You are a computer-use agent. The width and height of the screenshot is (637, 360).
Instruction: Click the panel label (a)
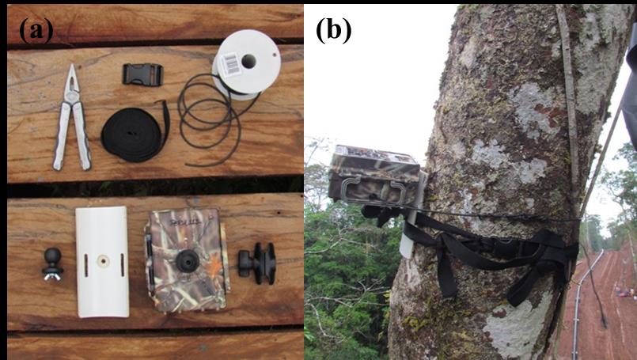pos(36,29)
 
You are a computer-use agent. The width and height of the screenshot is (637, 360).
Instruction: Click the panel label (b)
pos(333,29)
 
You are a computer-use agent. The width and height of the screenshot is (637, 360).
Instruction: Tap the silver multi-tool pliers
pos(71,118)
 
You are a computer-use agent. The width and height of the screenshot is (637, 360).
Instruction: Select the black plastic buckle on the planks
pos(142,74)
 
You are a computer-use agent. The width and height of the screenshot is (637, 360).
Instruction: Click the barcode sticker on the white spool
pos(230,64)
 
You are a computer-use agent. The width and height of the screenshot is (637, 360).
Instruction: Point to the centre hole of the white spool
pos(248,62)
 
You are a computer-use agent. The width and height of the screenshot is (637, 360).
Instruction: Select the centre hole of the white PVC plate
pos(103,261)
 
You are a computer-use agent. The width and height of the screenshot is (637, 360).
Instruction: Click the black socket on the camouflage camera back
pos(187,260)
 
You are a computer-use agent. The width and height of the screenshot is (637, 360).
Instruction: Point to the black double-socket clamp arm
pos(257,263)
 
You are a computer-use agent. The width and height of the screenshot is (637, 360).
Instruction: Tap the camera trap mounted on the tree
pos(374,175)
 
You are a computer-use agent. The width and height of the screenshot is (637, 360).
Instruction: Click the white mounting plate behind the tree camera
pos(413,215)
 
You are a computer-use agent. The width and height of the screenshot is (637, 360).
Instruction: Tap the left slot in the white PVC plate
pos(85,265)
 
